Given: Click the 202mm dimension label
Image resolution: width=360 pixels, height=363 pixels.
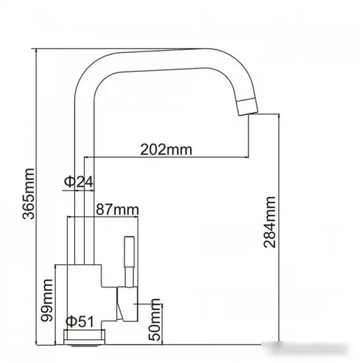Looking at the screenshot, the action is [166, 150].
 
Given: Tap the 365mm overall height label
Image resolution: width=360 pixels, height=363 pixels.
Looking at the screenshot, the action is [28, 194].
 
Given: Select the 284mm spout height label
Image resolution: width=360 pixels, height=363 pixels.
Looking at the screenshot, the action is [270, 222].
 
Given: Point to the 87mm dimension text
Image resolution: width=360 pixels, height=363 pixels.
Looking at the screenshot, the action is [117, 209].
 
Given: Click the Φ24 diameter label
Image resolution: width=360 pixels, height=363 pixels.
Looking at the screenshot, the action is [78, 181].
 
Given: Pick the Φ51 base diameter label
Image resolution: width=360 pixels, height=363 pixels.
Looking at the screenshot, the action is [80, 321].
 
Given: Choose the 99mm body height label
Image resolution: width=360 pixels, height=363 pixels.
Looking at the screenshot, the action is [47, 300].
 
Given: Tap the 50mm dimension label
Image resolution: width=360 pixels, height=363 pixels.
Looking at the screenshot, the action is [154, 319].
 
